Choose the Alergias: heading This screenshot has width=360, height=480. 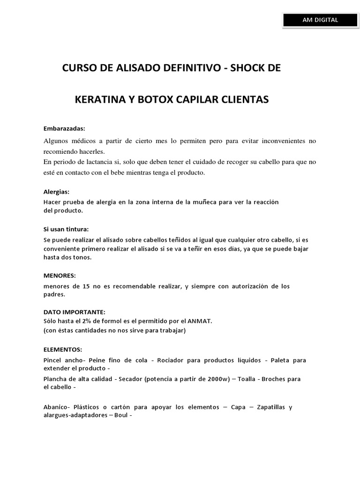pyautogui.click(x=56, y=192)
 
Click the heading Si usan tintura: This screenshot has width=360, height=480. pyautogui.click(x=66, y=229)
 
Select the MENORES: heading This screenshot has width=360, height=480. pyautogui.click(x=59, y=275)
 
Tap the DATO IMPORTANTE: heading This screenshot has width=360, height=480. pyautogui.click(x=74, y=312)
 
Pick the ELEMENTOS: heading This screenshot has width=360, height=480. pyautogui.click(x=63, y=349)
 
